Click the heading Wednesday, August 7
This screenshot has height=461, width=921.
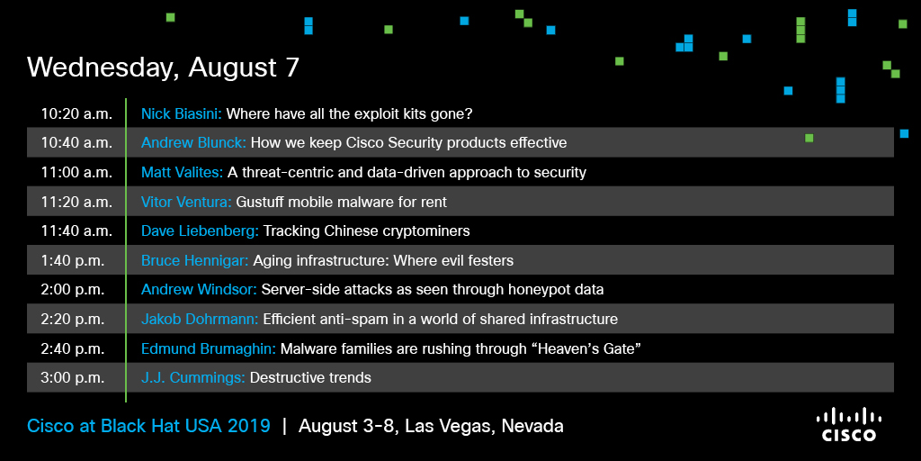click(164, 68)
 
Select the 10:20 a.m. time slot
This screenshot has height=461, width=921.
click(76, 113)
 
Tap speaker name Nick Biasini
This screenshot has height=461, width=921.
click(181, 113)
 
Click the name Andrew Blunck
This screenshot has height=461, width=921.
click(195, 143)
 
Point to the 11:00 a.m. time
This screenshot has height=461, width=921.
click(76, 172)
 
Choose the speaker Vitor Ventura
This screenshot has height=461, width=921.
click(186, 202)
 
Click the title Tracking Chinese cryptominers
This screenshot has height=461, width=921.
click(367, 231)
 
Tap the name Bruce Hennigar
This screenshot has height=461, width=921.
click(194, 260)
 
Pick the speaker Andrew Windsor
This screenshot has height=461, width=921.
click(199, 290)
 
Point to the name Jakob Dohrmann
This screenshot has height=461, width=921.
click(200, 320)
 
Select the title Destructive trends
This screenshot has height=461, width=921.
click(310, 377)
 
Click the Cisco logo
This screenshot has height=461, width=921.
click(849, 425)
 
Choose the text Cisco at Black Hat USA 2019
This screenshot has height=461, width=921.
click(148, 426)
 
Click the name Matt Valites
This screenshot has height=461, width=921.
click(182, 172)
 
